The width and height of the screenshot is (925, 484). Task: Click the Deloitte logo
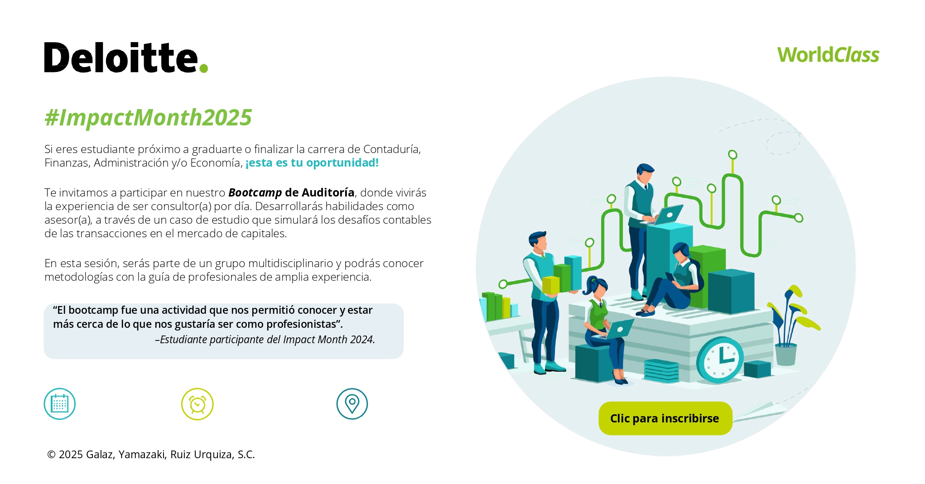(x=126, y=58)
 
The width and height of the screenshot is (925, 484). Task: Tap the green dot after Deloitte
(x=203, y=68)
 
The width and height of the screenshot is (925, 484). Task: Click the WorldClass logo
(x=828, y=55)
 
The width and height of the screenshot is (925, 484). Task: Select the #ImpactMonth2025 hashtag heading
(x=148, y=117)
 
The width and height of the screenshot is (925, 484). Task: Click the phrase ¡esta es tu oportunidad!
(x=312, y=163)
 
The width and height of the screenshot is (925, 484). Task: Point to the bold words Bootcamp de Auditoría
(x=291, y=192)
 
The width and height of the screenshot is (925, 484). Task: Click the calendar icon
(x=59, y=404)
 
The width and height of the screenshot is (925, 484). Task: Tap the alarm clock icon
(x=198, y=404)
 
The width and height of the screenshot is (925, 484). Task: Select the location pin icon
(x=352, y=404)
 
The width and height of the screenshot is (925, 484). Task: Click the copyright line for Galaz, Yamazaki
(x=151, y=454)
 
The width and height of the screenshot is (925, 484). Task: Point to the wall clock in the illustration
(x=720, y=360)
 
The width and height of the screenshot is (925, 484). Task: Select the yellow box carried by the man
(x=551, y=285)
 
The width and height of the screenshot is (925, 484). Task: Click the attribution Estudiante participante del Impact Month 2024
(x=265, y=340)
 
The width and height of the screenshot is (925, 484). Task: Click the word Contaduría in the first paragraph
(x=392, y=149)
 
